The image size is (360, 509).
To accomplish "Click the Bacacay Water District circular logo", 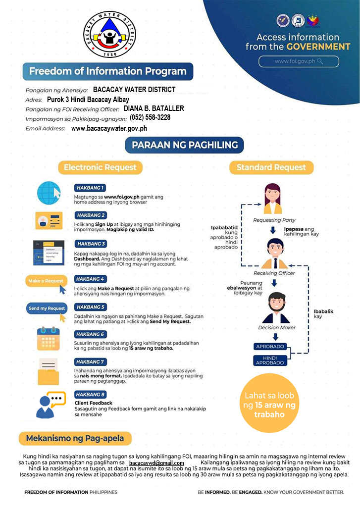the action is coord(109,34).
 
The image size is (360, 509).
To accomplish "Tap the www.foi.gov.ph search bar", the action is coord(299,61).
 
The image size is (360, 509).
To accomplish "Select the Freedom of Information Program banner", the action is coord(108,71).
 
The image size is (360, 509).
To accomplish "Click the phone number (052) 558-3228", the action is coord(150,117).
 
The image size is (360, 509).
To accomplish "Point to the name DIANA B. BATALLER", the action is coord(154,108).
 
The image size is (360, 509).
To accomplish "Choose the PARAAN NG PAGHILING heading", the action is coord(184,145).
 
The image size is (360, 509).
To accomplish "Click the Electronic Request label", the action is coord(100,167).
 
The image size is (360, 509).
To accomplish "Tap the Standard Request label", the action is coord(271,167).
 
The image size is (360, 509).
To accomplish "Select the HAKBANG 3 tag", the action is coord(91,244).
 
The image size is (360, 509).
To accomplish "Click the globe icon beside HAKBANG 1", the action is coord(49,193).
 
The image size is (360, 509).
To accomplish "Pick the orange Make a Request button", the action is coord(46,281).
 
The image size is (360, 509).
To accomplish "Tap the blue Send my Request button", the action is coord(47,308).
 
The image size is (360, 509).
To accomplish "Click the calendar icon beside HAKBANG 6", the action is coord(49,339).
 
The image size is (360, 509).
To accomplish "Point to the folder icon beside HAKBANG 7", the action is coord(49,372).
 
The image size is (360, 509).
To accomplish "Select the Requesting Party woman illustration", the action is coord(272,199).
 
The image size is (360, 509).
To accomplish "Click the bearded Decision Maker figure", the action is coord(276,308).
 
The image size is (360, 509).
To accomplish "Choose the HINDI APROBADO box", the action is coord(270,360).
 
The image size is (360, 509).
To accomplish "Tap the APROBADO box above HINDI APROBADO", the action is coord(270,347).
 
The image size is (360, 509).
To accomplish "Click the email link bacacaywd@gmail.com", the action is coord(156,463).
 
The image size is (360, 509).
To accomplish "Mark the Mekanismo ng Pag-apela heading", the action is coord(75,438).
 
